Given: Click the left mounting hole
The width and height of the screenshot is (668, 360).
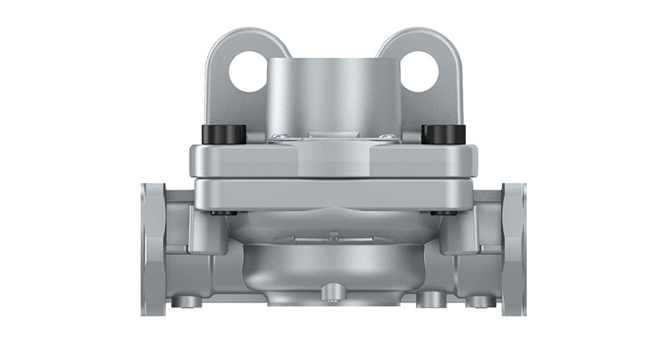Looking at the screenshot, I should click(x=248, y=71).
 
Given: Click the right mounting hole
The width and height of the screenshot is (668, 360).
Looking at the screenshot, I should click(x=419, y=71).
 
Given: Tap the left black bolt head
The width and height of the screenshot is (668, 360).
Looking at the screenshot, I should click(x=223, y=134).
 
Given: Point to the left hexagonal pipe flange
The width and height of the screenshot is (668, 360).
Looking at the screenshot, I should click(x=154, y=249).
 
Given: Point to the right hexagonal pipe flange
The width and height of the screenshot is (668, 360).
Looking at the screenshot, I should click(x=514, y=249).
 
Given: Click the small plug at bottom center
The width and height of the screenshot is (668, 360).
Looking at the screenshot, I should click(x=334, y=292).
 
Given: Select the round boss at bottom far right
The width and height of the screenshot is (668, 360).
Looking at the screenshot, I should click(x=479, y=301).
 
